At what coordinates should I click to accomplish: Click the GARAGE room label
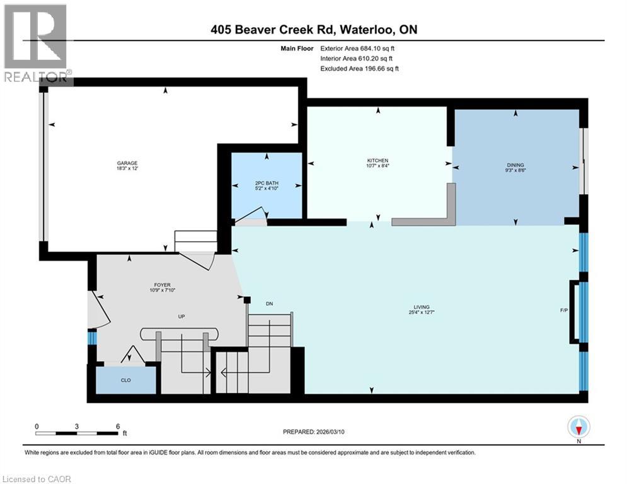[x=127, y=163]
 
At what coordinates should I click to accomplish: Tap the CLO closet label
[x=125, y=380]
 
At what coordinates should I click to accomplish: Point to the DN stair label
[x=269, y=304]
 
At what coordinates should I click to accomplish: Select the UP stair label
[x=181, y=316]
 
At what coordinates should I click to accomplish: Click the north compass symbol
[x=578, y=428]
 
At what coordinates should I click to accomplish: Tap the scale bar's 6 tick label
[x=118, y=426]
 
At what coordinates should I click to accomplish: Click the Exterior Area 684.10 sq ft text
[x=359, y=48]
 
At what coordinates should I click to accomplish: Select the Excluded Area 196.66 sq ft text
[x=360, y=69]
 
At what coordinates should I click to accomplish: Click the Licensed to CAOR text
[x=37, y=479]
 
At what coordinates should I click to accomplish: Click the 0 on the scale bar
[x=37, y=426]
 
